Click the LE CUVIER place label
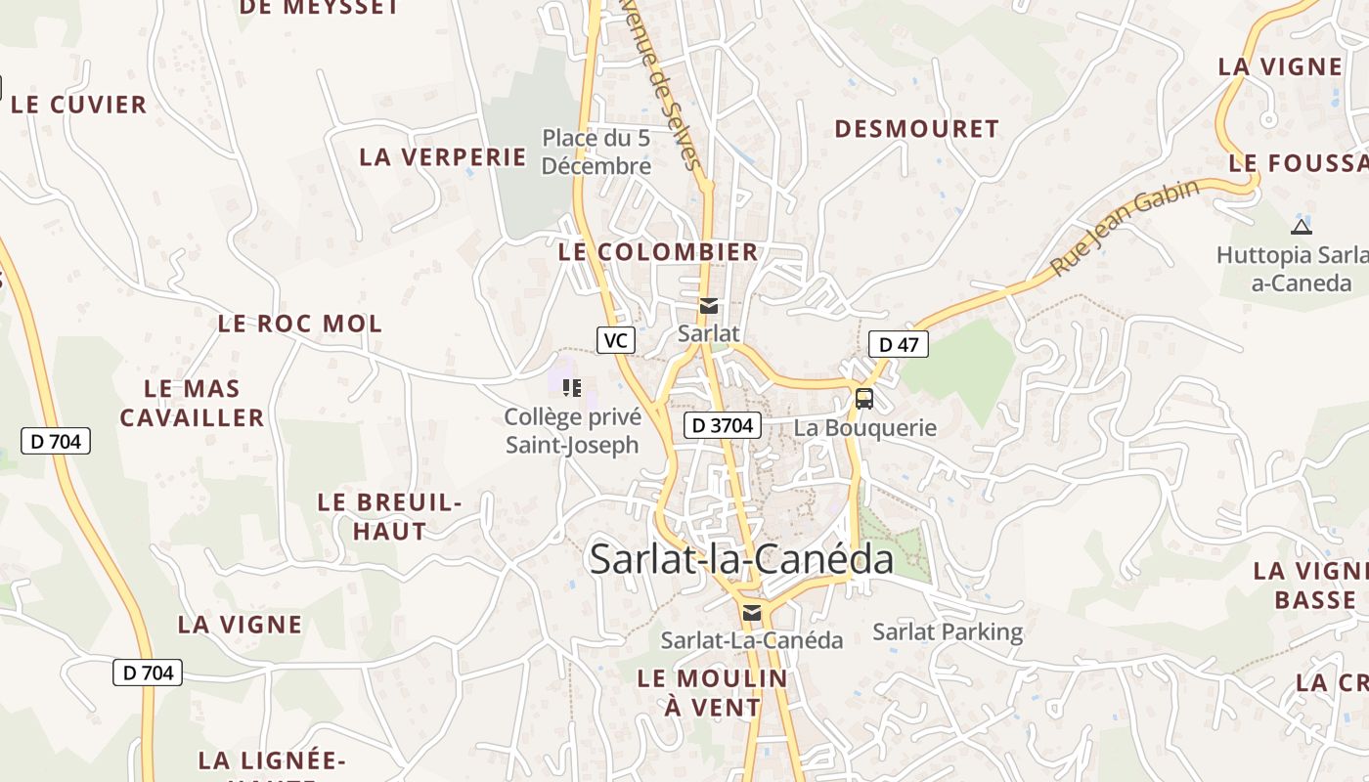point(78,105)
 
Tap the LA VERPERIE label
point(443,156)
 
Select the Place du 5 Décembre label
point(596,152)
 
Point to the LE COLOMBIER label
point(658,251)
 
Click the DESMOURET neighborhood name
point(916,129)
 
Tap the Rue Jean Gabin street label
point(1125,228)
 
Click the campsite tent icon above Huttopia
point(1301,227)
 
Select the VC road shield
point(616,340)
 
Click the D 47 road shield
point(899,344)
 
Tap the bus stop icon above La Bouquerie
point(864,398)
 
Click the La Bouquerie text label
point(864,427)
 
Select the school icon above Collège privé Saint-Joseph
point(572,388)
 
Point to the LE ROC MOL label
point(299,324)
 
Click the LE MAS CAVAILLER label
point(192,403)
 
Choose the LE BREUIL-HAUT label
point(389,517)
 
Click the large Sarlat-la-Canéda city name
point(741,559)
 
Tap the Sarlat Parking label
point(948,631)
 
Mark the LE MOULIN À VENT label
point(712,692)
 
